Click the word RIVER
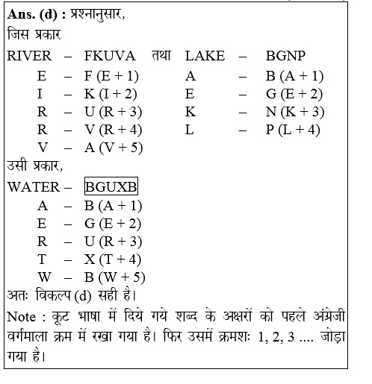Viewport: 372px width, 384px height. (x=30, y=55)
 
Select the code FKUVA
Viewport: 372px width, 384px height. (x=111, y=55)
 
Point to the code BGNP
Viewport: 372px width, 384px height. (x=285, y=55)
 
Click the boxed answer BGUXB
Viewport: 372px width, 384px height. (x=111, y=186)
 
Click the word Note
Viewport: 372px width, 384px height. (x=22, y=316)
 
